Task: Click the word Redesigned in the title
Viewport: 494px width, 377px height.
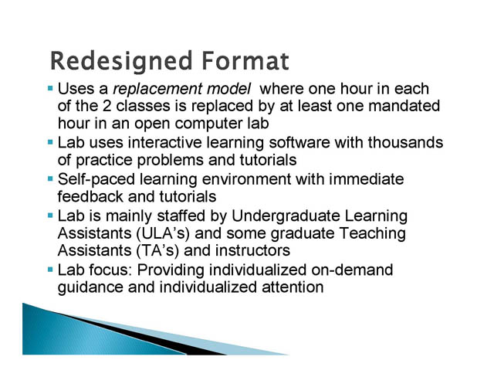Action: (121, 62)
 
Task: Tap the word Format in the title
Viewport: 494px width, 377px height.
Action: (245, 60)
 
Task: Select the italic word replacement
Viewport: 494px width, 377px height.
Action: (157, 90)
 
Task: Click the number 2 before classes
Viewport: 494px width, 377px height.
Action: (107, 106)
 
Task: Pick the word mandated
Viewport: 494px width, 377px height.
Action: (404, 106)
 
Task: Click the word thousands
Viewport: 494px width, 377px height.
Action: (405, 142)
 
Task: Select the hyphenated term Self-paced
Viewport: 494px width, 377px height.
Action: (96, 179)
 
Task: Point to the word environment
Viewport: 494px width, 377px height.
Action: (246, 179)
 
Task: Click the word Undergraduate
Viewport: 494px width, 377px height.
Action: (286, 216)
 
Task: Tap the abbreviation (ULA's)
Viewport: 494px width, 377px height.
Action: (163, 233)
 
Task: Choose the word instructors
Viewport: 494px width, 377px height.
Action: (252, 251)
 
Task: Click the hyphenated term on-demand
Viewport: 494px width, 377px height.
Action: (352, 270)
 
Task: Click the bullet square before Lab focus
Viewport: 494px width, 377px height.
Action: (50, 270)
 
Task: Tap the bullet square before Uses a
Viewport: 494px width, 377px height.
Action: (50, 89)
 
